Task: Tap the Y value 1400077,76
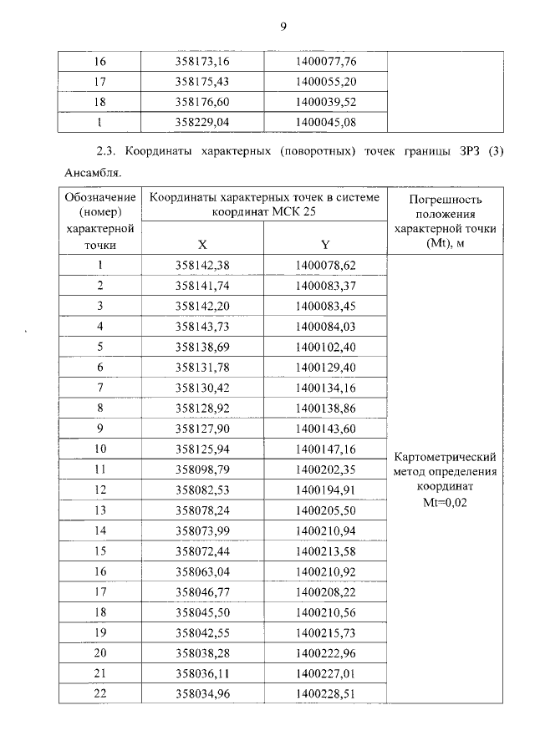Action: (326, 62)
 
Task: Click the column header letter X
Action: (202, 245)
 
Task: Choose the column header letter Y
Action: (325, 245)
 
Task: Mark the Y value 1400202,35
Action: (326, 469)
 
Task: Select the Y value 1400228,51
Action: (326, 693)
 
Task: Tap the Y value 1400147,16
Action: (326, 449)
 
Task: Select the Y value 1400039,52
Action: (326, 102)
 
